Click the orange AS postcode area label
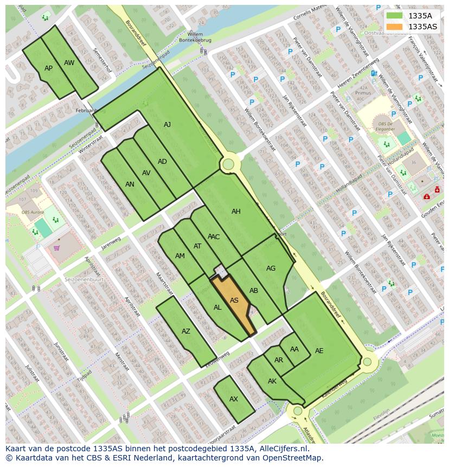tap(234, 300)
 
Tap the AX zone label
tap(234, 399)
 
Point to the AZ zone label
tap(186, 331)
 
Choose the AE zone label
tap(319, 351)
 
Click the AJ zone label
tap(167, 125)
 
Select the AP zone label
tap(48, 68)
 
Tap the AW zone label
tap(69, 63)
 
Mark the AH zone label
tap(236, 212)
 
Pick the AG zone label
tap(271, 268)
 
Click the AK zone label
tap(272, 381)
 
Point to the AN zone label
tap(130, 184)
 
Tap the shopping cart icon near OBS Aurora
tap(56, 248)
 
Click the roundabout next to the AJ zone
tap(228, 164)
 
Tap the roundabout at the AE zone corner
tap(367, 362)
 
